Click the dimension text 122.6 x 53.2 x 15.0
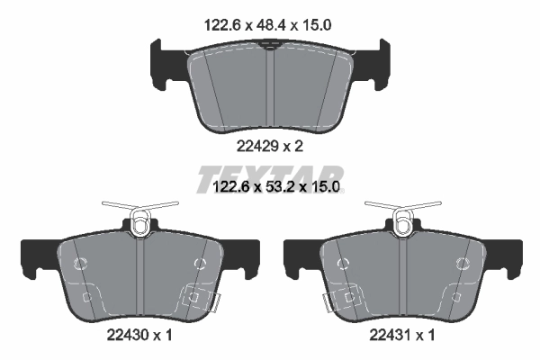click(272, 187)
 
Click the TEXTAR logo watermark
click(270, 175)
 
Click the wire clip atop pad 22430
click(139, 217)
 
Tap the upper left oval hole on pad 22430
click(79, 264)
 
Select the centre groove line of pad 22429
click(270, 90)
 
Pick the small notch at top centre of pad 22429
click(270, 51)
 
